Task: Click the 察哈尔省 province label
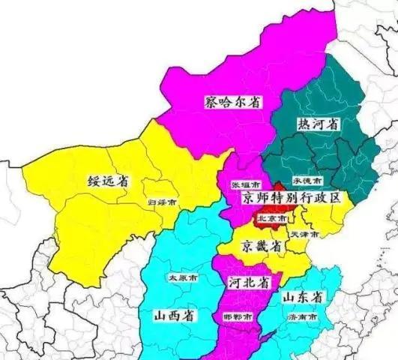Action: (x=234, y=102)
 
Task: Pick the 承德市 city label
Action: (x=307, y=182)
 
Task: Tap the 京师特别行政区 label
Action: (x=291, y=199)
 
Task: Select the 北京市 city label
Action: (x=271, y=218)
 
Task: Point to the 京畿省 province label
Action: (x=261, y=246)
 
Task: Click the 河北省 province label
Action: (x=247, y=283)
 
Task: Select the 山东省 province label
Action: (x=303, y=298)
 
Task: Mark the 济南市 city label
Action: (x=303, y=317)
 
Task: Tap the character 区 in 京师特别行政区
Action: (x=334, y=199)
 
